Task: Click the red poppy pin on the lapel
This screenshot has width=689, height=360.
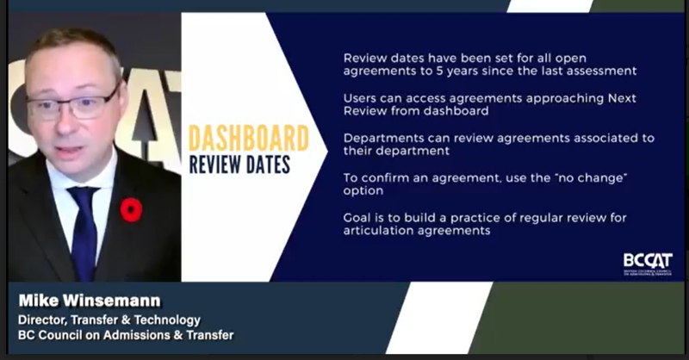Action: [131, 209]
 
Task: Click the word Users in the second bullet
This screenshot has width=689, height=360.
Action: [360, 98]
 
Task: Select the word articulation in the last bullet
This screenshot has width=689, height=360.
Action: [380, 231]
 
